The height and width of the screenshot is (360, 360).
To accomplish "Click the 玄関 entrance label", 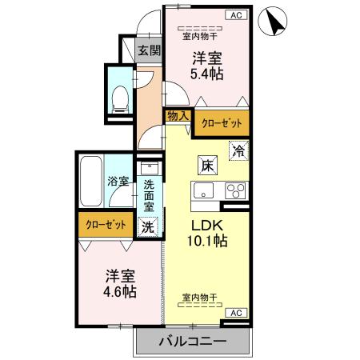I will [x=149, y=50].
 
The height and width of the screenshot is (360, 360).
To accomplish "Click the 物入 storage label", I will [x=178, y=116].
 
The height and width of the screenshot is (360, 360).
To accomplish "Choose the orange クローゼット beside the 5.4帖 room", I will [x=221, y=123].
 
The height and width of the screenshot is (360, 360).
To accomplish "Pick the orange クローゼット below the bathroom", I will [x=106, y=225].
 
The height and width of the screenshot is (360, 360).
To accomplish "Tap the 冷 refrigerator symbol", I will [x=238, y=150].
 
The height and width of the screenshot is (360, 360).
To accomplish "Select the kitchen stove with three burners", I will [x=235, y=192].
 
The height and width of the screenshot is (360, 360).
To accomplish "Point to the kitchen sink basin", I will [x=202, y=192].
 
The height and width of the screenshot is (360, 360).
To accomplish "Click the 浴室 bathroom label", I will [x=118, y=182].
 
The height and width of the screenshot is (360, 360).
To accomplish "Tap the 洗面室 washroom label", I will [x=149, y=195].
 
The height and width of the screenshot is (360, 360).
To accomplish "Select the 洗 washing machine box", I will [x=147, y=226].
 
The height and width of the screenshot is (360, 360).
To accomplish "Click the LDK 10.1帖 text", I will [x=206, y=233].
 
